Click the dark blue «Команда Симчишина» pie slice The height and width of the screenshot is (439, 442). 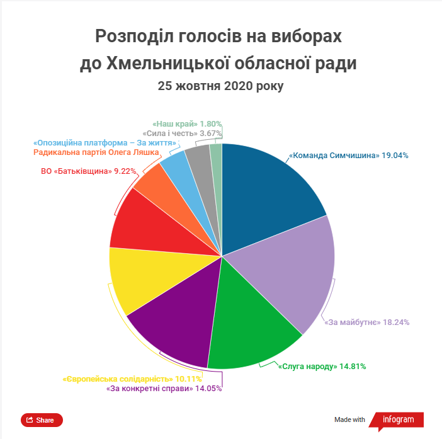pyautogui.click(x=268, y=197)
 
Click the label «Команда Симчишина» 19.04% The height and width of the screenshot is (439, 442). pyautogui.click(x=349, y=156)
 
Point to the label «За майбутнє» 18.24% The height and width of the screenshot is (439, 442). pyautogui.click(x=366, y=322)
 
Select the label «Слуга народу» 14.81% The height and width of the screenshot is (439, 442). pyautogui.click(x=322, y=367)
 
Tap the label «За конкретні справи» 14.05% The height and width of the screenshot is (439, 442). pyautogui.click(x=164, y=389)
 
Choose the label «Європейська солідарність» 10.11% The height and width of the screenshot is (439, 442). pyautogui.click(x=132, y=379)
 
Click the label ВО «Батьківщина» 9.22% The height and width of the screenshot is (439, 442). pyautogui.click(x=89, y=171)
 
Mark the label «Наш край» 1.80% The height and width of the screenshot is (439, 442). pyautogui.click(x=187, y=124)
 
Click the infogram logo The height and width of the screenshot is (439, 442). pyautogui.click(x=396, y=421)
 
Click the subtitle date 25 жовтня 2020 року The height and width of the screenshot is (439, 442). pyautogui.click(x=221, y=86)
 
